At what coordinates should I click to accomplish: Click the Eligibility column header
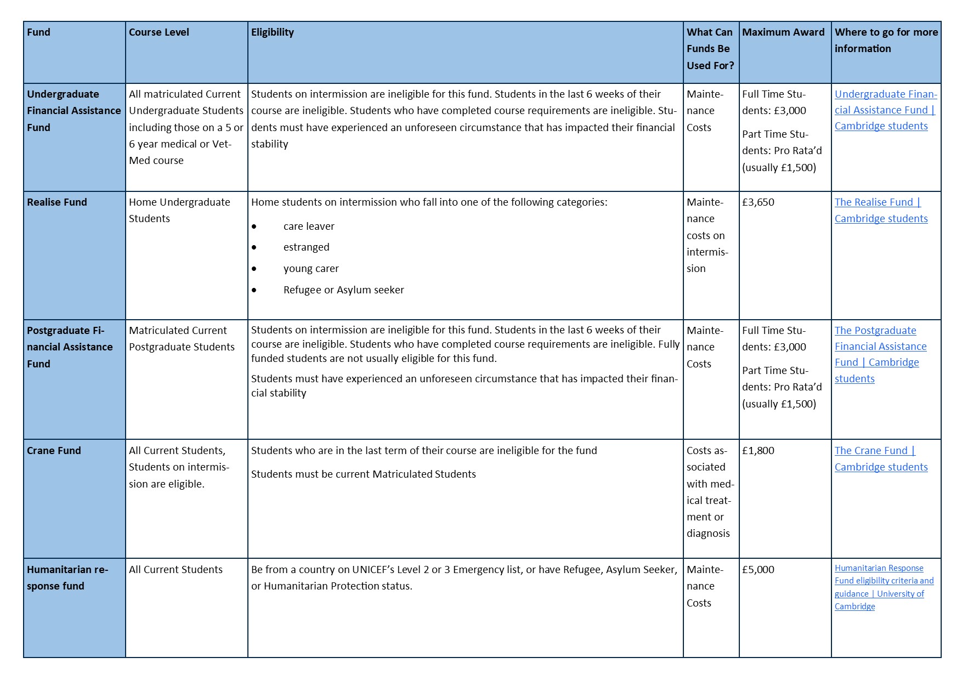273,32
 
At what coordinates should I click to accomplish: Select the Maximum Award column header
783,32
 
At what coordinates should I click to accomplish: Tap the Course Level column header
159,32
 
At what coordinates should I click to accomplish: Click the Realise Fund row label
57,202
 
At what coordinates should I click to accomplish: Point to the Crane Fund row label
54,451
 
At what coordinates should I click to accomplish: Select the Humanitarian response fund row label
67,578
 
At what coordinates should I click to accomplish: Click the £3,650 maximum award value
758,202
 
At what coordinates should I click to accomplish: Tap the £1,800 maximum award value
758,451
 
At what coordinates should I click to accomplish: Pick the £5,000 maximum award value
758,570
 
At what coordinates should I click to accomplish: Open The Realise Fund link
881,211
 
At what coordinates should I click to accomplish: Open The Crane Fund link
881,459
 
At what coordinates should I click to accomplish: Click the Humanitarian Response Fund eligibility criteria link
883,587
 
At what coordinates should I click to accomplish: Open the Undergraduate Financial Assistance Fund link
885,110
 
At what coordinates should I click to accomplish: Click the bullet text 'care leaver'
309,226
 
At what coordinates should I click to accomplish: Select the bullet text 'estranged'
306,247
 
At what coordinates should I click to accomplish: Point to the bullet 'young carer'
311,269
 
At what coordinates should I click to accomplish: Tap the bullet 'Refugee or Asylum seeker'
343,290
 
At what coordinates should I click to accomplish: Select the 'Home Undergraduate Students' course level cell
179,211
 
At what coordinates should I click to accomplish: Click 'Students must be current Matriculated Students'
363,474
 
